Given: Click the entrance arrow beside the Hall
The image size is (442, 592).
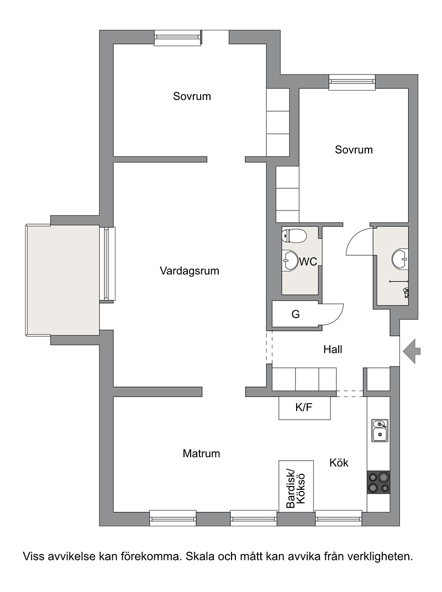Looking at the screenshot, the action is click(411, 351).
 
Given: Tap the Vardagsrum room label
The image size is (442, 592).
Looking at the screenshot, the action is click(190, 271).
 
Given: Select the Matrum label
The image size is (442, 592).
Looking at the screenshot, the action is click(201, 453).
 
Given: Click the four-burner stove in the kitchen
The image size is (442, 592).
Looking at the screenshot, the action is click(378, 482).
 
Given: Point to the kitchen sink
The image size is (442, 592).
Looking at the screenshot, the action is click(380, 430).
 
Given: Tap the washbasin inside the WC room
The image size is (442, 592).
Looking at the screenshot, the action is click(290, 261).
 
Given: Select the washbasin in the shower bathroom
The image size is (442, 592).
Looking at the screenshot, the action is click(400, 258).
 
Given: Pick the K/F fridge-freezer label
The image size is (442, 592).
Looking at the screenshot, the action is click(304, 407).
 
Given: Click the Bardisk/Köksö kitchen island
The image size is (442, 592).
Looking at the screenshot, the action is click(296, 486).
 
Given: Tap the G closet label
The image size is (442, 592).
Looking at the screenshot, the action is click(296, 314).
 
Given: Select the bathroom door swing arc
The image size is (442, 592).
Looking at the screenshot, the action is click(352, 237).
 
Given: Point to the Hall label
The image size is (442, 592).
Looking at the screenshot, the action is click(333, 349).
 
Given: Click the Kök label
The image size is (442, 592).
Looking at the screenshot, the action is click(339, 463).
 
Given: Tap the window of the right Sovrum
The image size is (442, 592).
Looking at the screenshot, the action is click(352, 82).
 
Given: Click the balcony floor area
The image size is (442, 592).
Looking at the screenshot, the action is click(63, 280).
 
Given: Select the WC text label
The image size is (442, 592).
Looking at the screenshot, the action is click(308, 262).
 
